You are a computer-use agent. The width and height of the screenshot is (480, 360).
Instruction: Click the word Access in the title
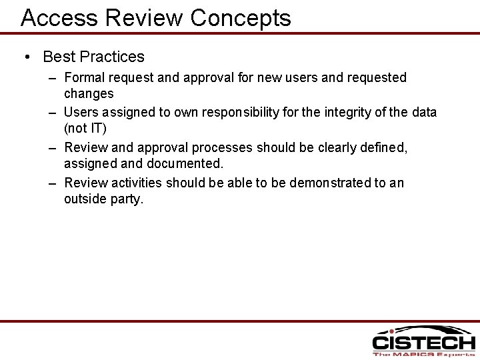coord(59,17)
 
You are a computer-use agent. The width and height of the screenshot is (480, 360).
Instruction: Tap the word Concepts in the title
coord(241,18)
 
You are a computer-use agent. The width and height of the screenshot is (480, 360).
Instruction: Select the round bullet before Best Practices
coord(26,57)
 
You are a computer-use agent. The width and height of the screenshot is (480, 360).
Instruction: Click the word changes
coord(89,94)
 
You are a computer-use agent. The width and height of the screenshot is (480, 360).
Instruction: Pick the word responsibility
coord(241,112)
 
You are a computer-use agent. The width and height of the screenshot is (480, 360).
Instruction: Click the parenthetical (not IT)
coord(85,129)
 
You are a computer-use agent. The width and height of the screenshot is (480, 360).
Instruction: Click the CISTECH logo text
coord(423,343)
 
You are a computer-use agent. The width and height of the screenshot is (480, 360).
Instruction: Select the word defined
coord(383,147)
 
